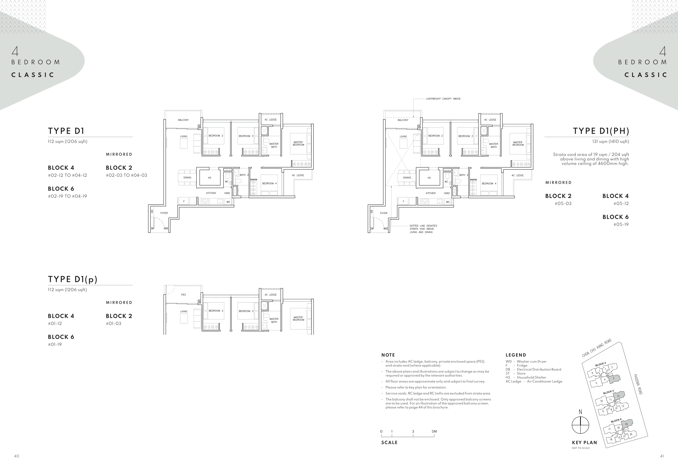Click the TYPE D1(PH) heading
pyautogui.click(x=601, y=131)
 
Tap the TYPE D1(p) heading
pyautogui.click(x=72, y=279)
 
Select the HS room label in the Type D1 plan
pyautogui.click(x=209, y=178)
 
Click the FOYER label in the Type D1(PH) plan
pyautogui.click(x=383, y=213)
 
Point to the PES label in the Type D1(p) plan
pyautogui.click(x=183, y=295)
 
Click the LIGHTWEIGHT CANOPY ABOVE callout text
pyautogui.click(x=443, y=99)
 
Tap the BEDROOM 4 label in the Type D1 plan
pyautogui.click(x=269, y=183)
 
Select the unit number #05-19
pyautogui.click(x=621, y=224)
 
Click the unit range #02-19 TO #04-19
pyautogui.click(x=67, y=196)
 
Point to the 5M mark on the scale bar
pyautogui.click(x=434, y=431)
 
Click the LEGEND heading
pyautogui.click(x=516, y=355)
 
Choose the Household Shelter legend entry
pyautogui.click(x=526, y=377)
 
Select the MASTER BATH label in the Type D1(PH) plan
pyautogui.click(x=493, y=145)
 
